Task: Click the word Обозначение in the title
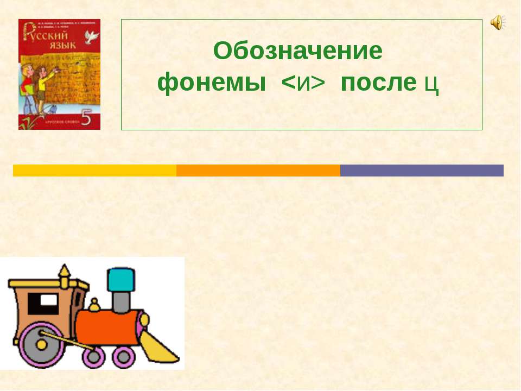point(298,52)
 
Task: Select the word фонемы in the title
point(212,83)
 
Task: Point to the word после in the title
point(378,83)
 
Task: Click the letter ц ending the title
point(431,84)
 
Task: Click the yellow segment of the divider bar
point(94,171)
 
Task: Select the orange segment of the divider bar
point(258,171)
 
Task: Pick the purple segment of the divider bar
point(422,171)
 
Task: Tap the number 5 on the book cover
point(86,117)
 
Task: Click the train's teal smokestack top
point(120,280)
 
